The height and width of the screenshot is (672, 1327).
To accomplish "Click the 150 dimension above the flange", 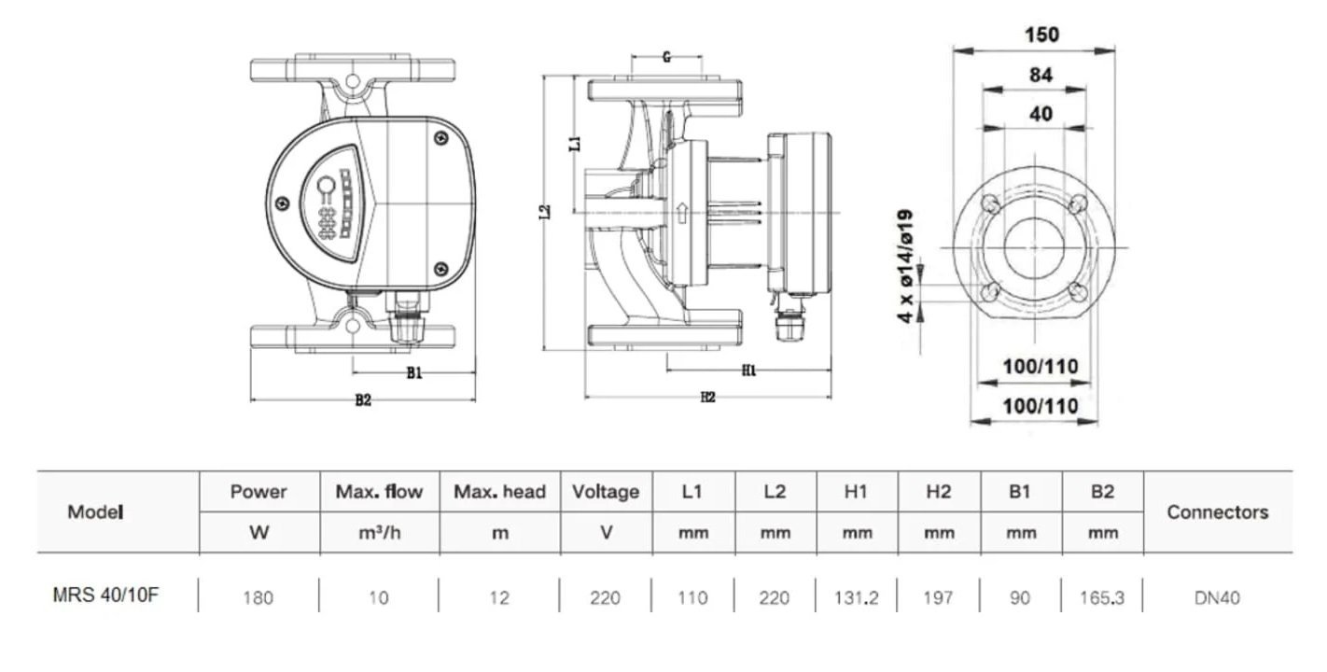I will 1041,35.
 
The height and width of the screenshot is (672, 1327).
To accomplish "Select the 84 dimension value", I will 1041,76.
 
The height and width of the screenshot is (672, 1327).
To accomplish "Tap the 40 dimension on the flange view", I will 1041,114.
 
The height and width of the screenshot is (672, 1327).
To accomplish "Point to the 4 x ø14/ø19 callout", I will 904,266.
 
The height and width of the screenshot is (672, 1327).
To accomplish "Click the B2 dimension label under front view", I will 363,400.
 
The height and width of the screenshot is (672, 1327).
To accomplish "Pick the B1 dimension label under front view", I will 414,373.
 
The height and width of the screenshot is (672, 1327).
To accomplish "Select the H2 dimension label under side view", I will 707,398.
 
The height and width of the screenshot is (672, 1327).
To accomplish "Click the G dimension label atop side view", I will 666,57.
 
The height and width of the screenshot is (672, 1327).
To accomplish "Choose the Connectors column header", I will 1217,512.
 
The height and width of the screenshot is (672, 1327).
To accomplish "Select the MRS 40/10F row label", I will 105,595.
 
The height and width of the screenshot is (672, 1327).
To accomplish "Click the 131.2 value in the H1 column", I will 856,597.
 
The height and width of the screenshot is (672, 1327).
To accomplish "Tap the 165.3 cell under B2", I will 1102,597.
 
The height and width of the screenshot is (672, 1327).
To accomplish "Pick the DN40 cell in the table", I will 1217,597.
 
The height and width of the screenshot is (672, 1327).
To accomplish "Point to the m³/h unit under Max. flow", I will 378,534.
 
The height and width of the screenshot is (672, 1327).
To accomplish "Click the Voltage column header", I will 605,492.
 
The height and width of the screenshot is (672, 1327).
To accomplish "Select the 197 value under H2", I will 938,597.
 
